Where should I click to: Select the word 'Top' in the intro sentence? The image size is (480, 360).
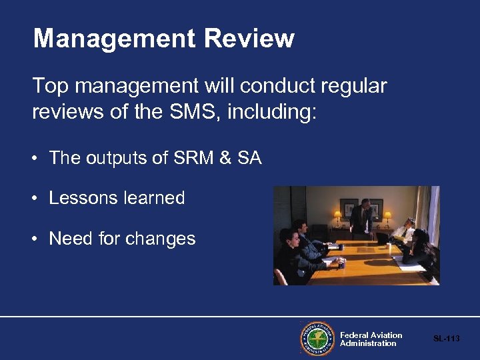pyautogui.click(x=51, y=85)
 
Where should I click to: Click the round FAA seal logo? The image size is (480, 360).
pyautogui.click(x=317, y=339)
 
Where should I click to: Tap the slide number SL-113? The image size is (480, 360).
pyautogui.click(x=447, y=339)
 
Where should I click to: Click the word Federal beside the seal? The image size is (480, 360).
pyautogui.click(x=354, y=335)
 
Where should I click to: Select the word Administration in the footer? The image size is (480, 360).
pyautogui.click(x=368, y=343)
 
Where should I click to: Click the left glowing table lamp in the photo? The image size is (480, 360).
pyautogui.click(x=337, y=215)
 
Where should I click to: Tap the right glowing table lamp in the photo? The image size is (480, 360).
pyautogui.click(x=387, y=215)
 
